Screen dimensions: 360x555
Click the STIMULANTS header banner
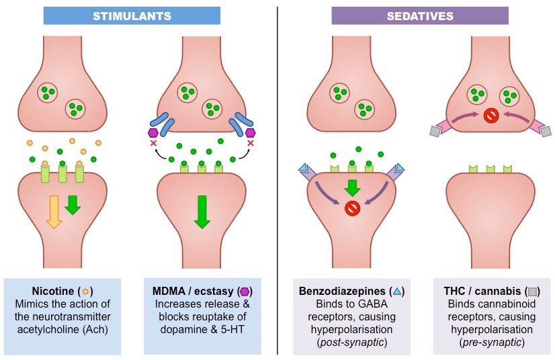click(132, 15)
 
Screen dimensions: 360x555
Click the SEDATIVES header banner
click(410, 15)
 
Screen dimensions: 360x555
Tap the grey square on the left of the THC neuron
click(435, 132)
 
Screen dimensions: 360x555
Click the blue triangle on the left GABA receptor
click(302, 168)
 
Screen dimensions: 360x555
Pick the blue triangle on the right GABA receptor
click(400, 168)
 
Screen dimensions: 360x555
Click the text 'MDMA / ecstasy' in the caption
click(190, 291)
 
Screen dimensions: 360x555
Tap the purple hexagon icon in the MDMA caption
click(245, 291)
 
